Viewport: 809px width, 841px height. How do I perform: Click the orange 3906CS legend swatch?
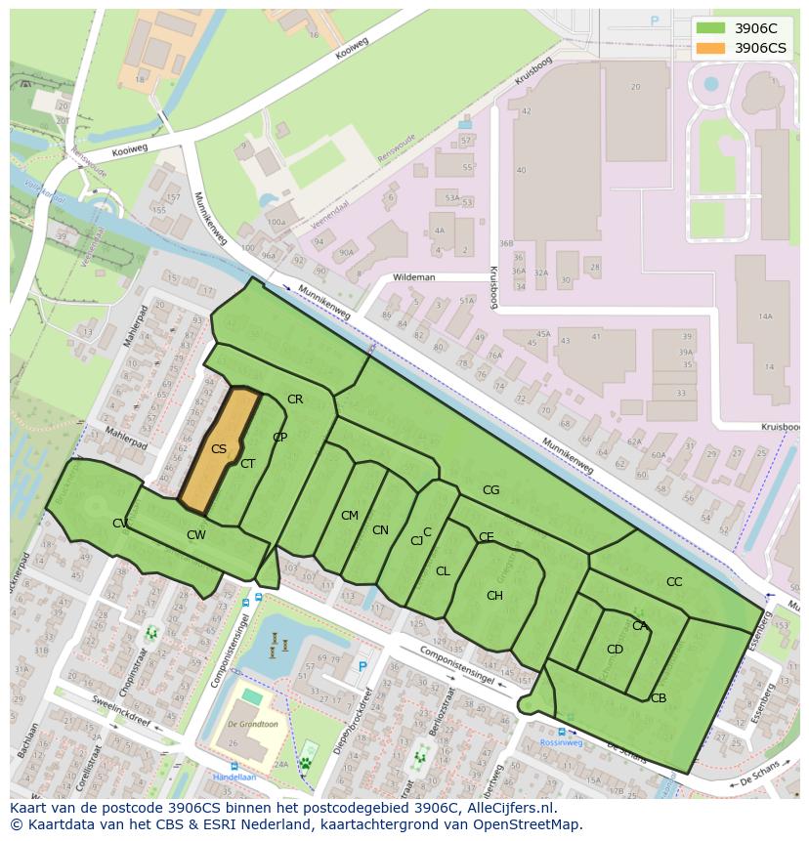point(710,48)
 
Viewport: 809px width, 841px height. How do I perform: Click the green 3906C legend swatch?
point(710,28)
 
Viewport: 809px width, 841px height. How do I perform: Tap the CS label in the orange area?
point(219,449)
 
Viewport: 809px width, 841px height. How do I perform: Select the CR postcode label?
point(295,399)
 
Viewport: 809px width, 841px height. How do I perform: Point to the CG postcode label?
point(490,490)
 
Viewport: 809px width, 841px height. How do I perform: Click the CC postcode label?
point(674,582)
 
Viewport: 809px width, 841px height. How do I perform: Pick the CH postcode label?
point(494,596)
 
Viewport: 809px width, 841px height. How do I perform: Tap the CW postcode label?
point(196,535)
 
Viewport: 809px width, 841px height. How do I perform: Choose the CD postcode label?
point(615,650)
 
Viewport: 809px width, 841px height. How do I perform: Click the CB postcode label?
point(659,698)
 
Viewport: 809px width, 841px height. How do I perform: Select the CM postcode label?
point(350,516)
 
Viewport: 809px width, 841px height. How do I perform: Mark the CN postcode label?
point(380,530)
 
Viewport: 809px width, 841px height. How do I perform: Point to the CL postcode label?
point(443,571)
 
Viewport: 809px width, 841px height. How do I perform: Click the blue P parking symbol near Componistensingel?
point(362,666)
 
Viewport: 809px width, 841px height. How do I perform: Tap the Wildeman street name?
point(413,277)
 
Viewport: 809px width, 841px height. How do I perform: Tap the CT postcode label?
point(247,464)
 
